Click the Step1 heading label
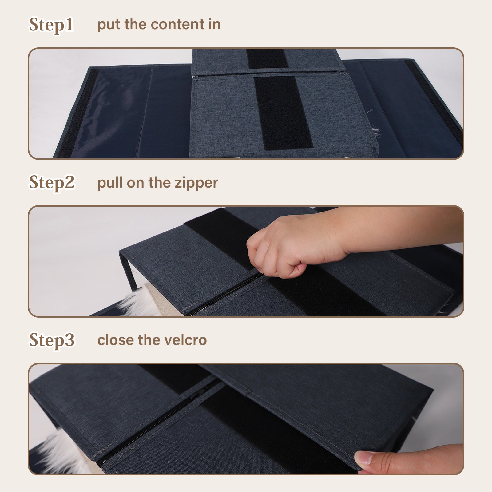[x=51, y=25]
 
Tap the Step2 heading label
[x=52, y=183]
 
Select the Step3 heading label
[x=52, y=340]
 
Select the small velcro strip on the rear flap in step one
[x=267, y=58]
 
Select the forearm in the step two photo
[x=400, y=226]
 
